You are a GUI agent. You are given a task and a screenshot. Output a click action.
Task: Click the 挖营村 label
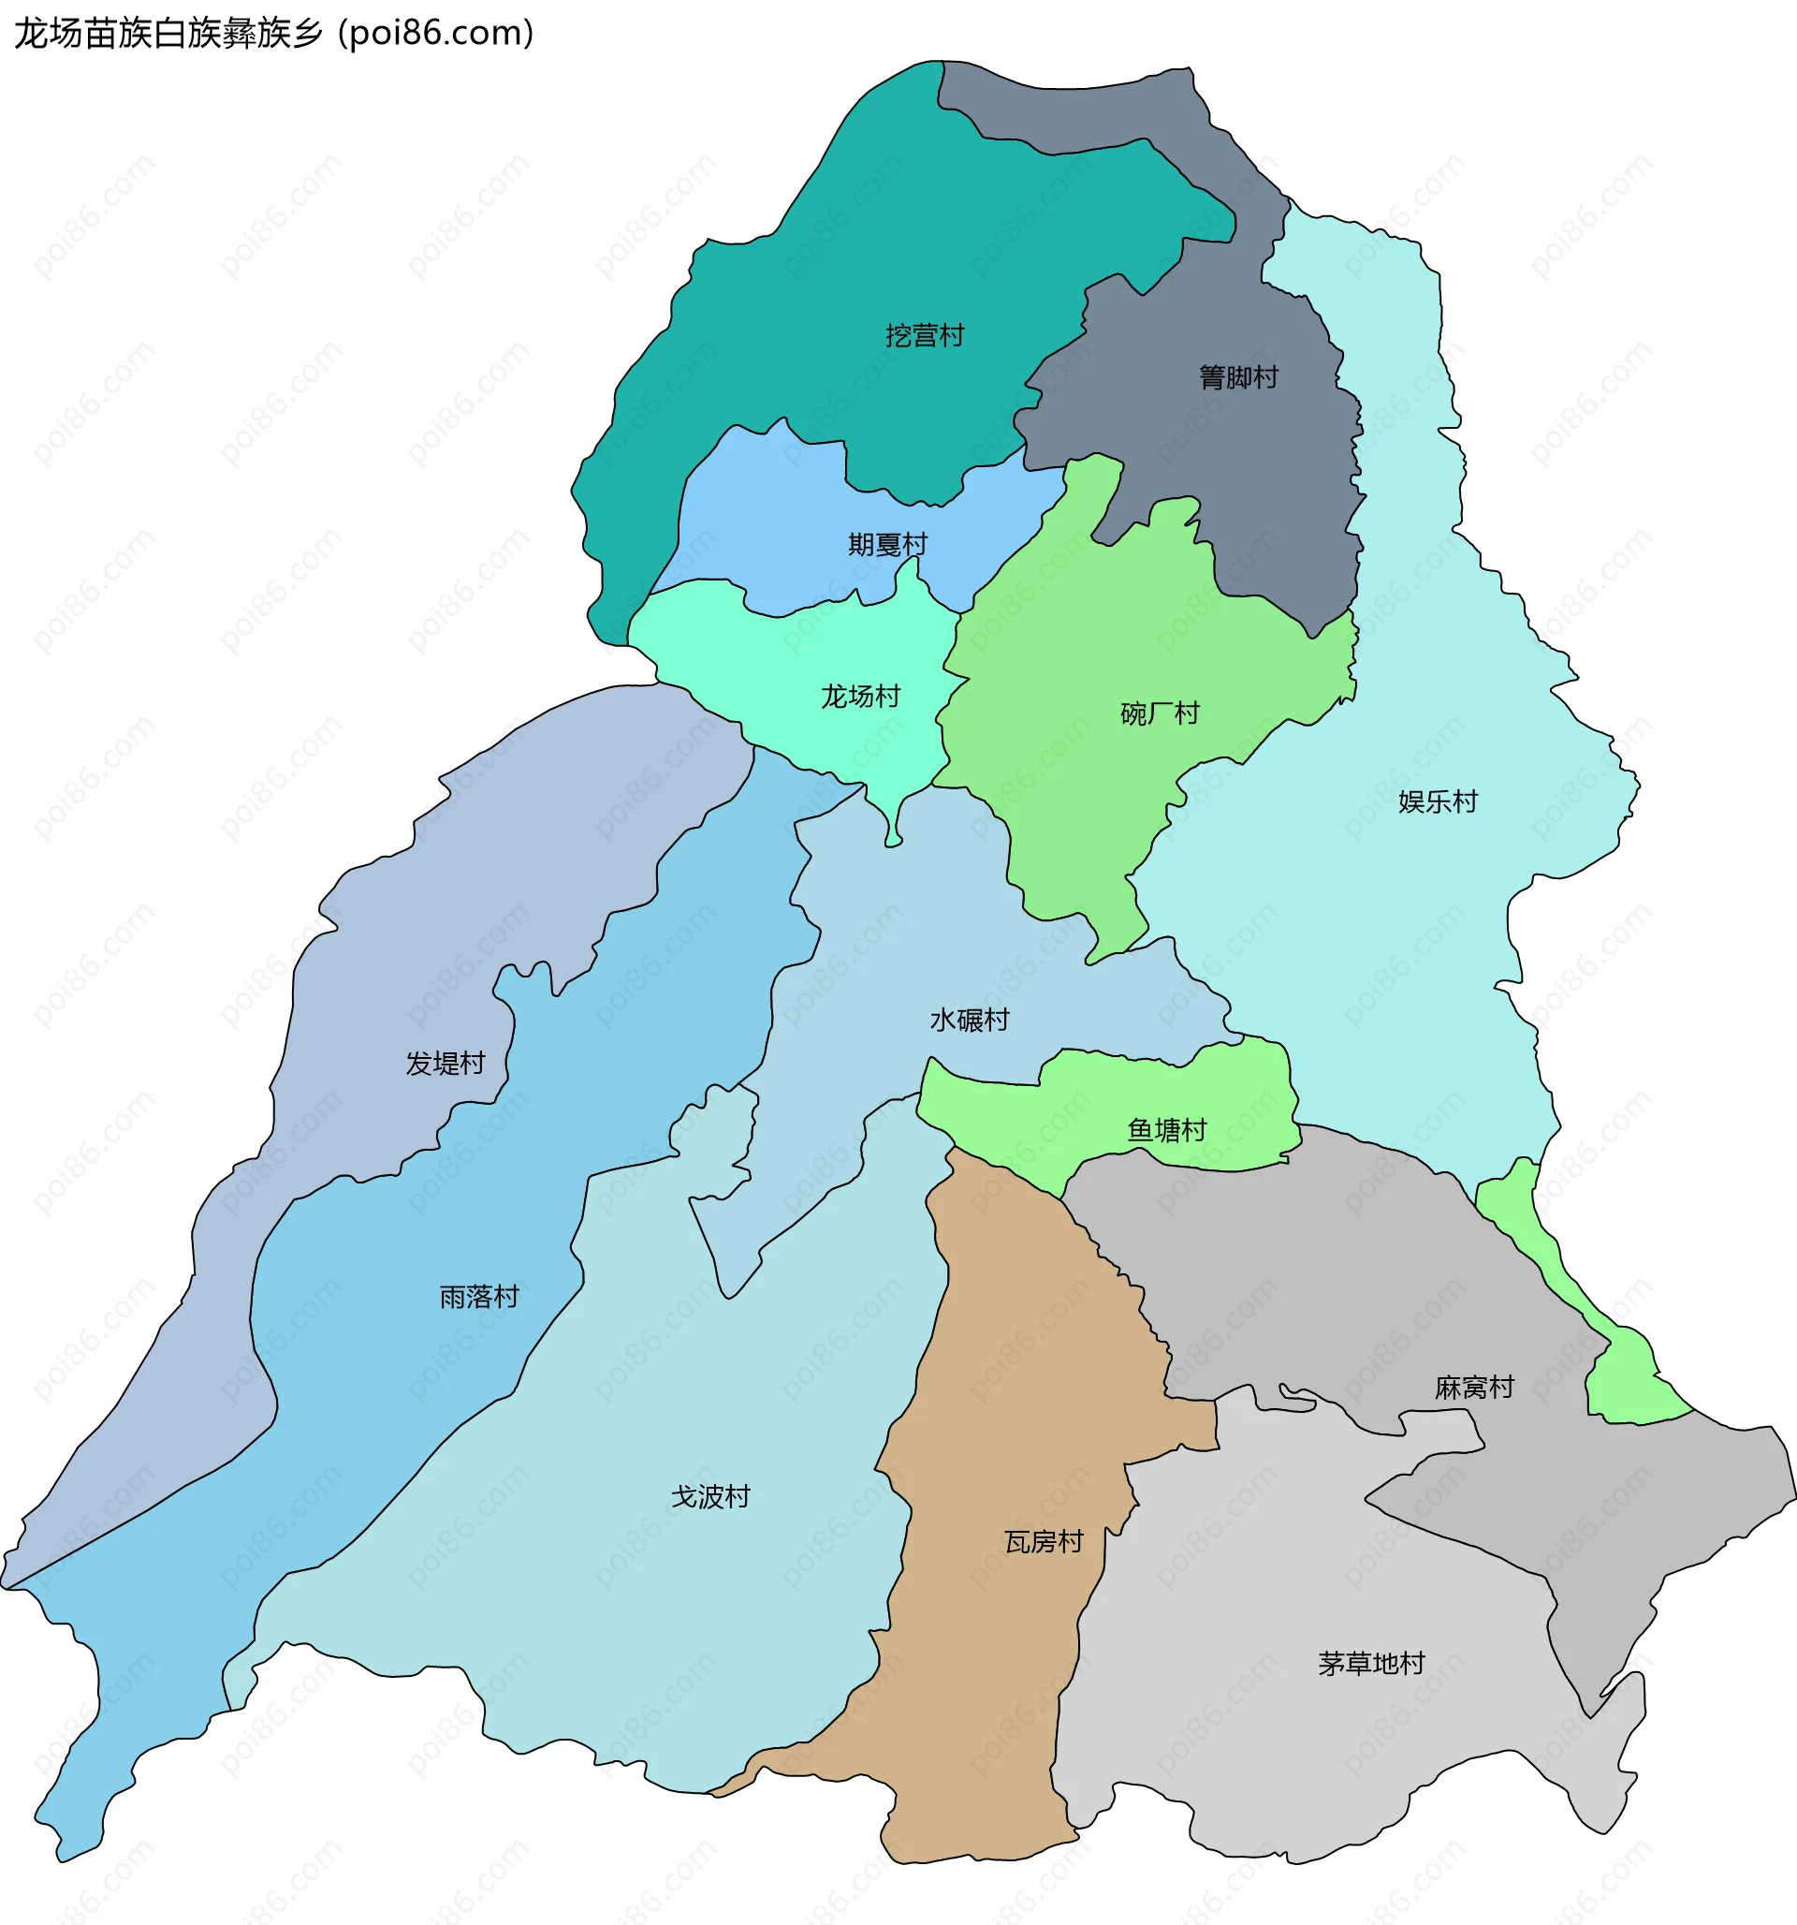[925, 336]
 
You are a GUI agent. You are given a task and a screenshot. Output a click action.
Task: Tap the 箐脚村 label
[1238, 377]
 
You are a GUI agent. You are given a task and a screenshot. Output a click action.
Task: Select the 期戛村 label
[887, 545]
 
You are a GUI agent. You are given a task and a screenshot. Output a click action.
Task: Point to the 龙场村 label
[860, 697]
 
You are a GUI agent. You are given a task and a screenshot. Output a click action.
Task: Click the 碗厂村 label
[1159, 713]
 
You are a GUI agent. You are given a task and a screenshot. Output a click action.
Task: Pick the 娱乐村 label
[1437, 801]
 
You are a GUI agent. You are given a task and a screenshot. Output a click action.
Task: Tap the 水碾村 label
[970, 1020]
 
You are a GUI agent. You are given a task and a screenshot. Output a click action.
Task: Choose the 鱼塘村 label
[1167, 1130]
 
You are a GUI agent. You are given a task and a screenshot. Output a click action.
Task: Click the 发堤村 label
[445, 1064]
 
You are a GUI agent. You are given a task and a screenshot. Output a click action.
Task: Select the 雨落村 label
[479, 1297]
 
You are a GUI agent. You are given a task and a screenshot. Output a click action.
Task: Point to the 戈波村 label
[710, 1497]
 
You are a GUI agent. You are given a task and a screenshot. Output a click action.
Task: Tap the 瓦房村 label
[1043, 1541]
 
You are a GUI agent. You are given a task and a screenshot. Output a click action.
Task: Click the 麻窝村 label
[1473, 1388]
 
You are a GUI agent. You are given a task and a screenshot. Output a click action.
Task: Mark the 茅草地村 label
[1371, 1664]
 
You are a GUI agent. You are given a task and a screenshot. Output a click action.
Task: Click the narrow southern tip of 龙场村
[893, 837]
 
